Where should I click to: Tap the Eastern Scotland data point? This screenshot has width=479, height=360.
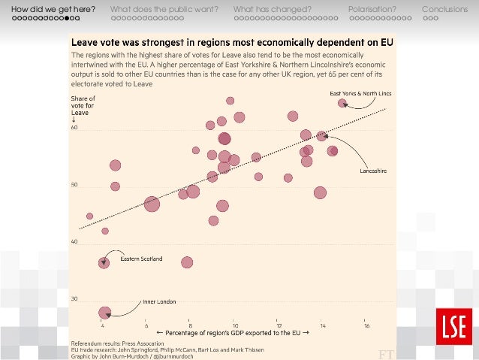104,262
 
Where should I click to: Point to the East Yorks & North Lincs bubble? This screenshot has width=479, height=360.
342,103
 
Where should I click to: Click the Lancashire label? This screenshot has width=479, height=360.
372,171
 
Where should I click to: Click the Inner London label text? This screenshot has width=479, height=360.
159,302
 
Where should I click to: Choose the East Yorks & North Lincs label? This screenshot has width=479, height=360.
360,93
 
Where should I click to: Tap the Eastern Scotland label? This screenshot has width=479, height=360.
140,261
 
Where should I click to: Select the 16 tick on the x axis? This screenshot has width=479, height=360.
366,325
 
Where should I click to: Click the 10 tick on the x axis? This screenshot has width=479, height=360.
234,325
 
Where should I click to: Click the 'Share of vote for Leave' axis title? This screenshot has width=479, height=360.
83,106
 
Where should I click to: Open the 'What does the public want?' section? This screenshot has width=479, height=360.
164,9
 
